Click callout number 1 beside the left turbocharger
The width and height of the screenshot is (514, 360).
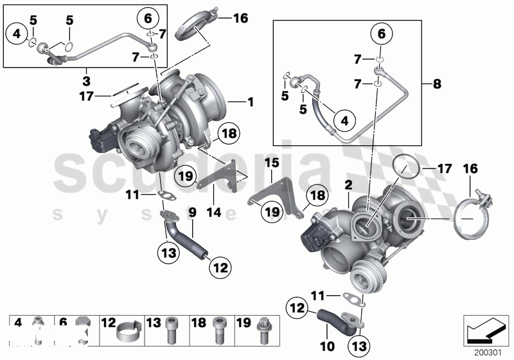(x=251, y=102)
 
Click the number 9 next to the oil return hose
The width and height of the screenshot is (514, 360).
(x=191, y=212)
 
